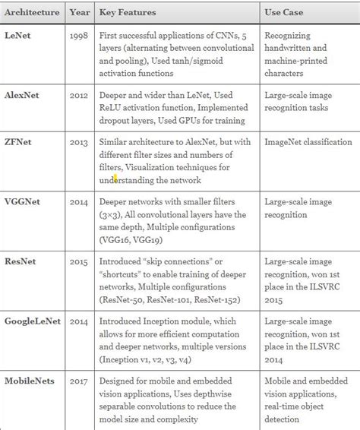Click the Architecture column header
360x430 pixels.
click(x=31, y=12)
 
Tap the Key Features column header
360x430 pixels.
click(x=129, y=12)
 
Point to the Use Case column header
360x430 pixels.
click(x=286, y=12)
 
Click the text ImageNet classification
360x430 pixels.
click(x=308, y=142)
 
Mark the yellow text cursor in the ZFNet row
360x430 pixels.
click(x=115, y=179)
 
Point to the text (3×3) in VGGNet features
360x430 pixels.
click(x=112, y=214)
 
